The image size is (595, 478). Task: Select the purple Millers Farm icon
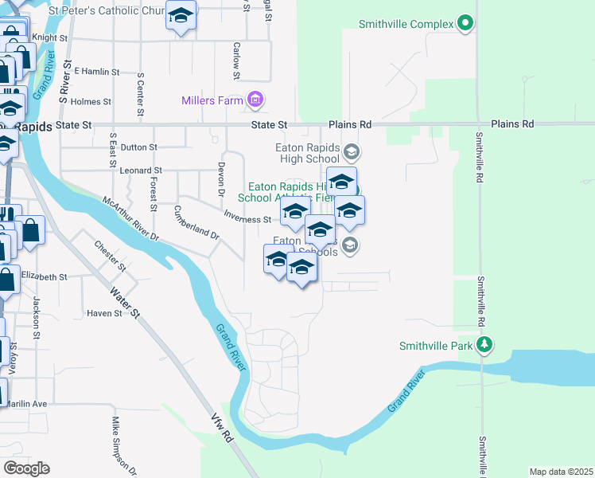pos(255,100)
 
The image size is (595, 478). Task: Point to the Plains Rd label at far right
pos(512,124)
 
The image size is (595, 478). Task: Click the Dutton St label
pos(139,147)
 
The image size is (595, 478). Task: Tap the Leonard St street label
pos(140,170)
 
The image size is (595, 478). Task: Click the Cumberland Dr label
pos(196,224)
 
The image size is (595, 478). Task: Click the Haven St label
pos(105,313)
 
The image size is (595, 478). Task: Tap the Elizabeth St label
pos(45,276)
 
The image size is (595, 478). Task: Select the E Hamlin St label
pos(96,71)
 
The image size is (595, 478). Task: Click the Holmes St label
pos(91,102)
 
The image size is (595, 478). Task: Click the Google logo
pos(27,468)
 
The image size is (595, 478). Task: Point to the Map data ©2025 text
pos(561,472)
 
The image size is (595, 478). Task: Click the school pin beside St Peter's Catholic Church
pos(181,16)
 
